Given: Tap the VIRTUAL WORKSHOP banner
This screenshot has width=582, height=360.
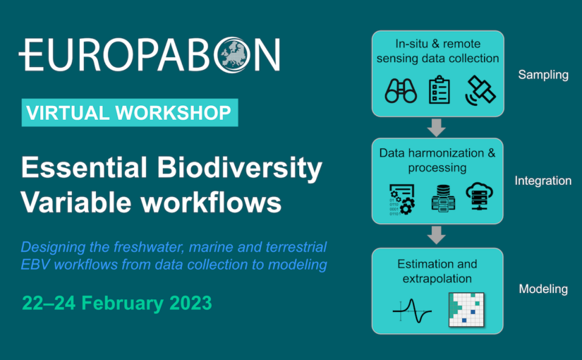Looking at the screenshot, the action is click(130, 112).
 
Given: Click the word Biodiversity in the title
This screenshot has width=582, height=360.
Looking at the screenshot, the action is click(240, 168).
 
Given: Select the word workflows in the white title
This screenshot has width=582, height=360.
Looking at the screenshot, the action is click(210, 203).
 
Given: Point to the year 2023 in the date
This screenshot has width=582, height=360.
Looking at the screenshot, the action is click(190, 303).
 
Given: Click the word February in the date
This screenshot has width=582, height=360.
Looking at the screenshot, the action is click(122, 303).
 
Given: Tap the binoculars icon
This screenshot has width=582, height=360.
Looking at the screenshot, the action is click(401, 90).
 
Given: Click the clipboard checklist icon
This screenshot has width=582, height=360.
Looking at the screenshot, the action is click(439, 90).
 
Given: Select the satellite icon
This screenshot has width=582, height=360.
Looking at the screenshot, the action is click(480, 90).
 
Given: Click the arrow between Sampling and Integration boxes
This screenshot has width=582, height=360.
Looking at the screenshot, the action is click(437, 128).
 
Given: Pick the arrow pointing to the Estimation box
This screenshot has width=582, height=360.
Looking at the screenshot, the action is click(437, 235).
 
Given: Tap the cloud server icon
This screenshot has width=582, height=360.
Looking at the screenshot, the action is click(480, 196).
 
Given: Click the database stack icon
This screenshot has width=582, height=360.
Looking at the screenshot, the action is click(443, 198).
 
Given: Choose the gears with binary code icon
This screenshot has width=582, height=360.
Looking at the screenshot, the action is click(402, 200).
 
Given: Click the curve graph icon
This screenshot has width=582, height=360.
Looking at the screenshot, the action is click(412, 311).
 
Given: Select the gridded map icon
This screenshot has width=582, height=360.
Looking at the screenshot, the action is click(466, 310).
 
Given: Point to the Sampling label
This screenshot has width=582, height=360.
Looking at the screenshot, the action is click(543, 75).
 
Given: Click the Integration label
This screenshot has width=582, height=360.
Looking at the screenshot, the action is click(543, 181).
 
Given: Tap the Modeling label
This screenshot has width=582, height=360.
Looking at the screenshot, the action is click(543, 289).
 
